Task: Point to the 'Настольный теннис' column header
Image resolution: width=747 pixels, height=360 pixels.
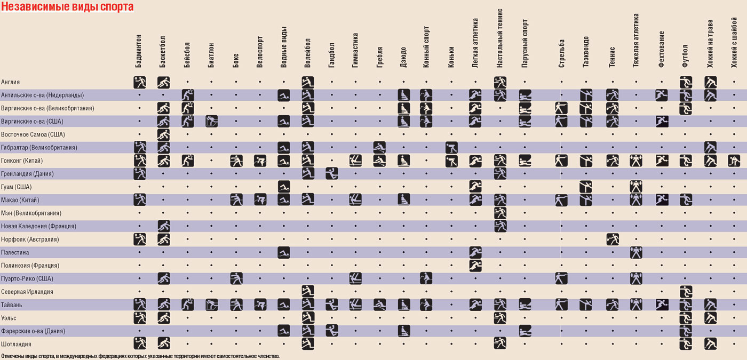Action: pos(500,38)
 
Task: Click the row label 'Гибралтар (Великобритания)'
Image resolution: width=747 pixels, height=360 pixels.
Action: pos(39,147)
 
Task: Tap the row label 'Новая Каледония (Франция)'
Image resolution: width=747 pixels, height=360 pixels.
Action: pos(38,226)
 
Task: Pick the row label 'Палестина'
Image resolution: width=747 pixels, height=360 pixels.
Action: pos(15,252)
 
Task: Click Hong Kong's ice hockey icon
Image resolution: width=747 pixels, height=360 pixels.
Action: pos(734,161)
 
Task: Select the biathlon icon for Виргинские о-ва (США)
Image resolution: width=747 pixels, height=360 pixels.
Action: pos(212,121)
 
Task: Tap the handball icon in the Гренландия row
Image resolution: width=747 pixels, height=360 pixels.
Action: pos(331,173)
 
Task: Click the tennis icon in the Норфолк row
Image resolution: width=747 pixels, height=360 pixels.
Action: pos(613,239)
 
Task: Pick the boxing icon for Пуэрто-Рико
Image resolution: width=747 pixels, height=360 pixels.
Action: pos(236,278)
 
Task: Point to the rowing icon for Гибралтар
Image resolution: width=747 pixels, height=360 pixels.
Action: pos(379,147)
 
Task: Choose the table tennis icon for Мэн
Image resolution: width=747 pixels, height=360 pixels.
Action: pos(500,213)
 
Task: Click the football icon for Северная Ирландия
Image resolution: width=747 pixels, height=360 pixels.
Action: pos(686,292)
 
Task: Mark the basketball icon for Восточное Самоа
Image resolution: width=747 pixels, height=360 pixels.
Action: pos(164,134)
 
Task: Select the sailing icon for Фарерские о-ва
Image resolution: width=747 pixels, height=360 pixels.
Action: pos(525,331)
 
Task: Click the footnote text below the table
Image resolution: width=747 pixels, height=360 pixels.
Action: pos(140,356)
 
